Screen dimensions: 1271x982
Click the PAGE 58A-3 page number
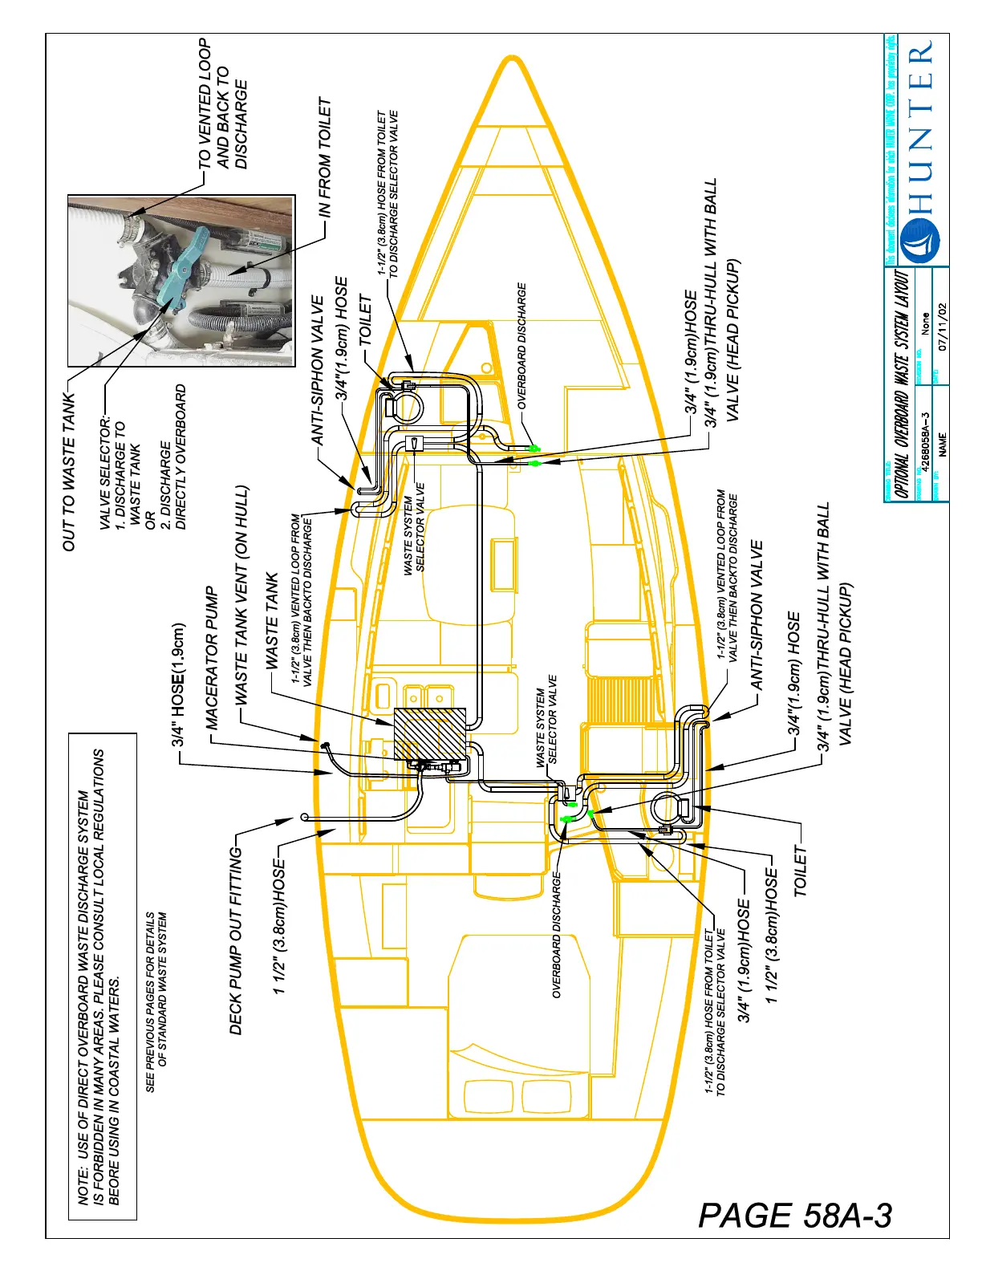click(x=794, y=1215)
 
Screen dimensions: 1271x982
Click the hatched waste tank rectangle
click(x=430, y=733)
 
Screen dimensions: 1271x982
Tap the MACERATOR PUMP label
click(x=212, y=658)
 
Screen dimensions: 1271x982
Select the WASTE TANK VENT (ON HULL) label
click(x=241, y=595)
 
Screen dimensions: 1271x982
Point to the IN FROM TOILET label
click(x=324, y=157)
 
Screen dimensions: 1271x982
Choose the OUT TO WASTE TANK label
click(x=70, y=472)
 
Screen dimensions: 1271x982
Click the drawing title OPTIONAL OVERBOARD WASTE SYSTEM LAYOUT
click(x=903, y=384)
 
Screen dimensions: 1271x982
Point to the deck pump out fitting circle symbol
click(x=304, y=817)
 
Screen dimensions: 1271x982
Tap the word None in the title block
click(x=926, y=323)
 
